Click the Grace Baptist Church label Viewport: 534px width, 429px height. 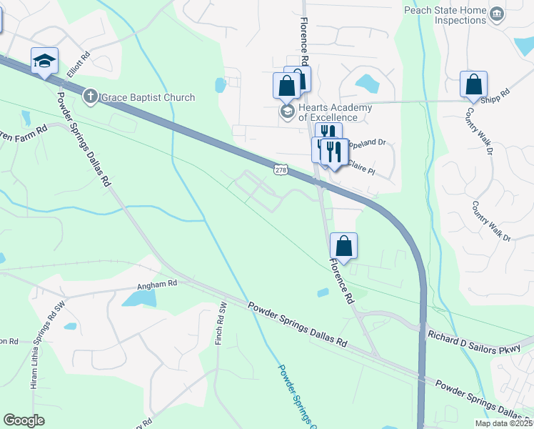(148, 97)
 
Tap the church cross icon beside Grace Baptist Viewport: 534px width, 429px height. (91, 96)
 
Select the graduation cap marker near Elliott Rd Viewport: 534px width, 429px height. (44, 61)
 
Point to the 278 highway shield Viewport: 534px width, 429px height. (281, 169)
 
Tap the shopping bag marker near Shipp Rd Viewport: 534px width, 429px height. (473, 84)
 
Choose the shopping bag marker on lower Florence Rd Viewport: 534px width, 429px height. (343, 246)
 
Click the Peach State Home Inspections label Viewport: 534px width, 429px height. (445, 15)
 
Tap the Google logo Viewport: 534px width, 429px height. (24, 420)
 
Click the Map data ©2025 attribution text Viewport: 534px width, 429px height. (503, 423)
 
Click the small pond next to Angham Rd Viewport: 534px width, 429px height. (138, 297)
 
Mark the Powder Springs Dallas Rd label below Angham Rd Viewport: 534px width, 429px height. (297, 325)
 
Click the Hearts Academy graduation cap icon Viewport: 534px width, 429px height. (287, 112)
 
